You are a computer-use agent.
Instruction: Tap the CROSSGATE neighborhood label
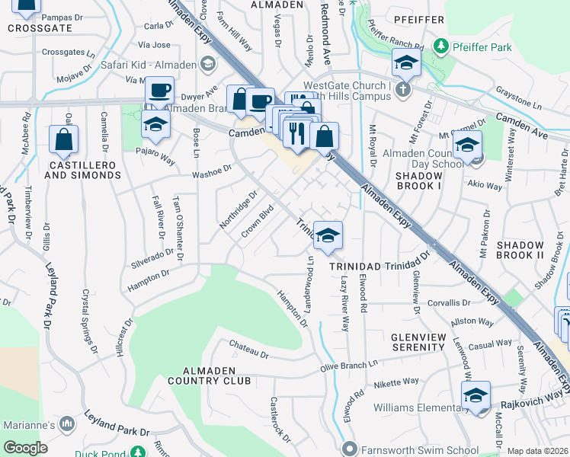tap(40, 28)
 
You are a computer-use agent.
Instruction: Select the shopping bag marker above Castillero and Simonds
tap(63, 140)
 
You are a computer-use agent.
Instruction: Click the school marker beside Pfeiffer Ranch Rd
tap(407, 64)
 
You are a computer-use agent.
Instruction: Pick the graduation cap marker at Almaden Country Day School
tap(466, 145)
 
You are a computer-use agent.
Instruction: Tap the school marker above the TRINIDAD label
tap(328, 236)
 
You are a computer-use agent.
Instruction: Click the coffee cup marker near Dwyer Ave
tap(160, 91)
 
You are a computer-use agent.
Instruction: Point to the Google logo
tap(24, 448)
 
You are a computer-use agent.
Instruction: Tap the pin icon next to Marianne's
tap(67, 423)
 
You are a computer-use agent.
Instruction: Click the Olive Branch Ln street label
tap(349, 366)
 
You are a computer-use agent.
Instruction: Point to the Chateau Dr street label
tap(249, 350)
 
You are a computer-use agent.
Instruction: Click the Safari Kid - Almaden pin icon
tap(207, 65)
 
